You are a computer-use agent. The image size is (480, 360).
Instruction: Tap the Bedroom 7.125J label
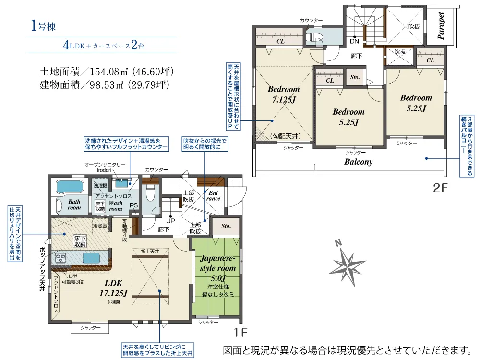pos(283,95)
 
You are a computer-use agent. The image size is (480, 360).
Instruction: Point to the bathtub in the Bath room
pos(70,187)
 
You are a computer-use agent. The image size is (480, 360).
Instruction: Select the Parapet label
pos(441,25)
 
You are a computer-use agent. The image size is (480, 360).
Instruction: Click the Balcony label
pos(359,162)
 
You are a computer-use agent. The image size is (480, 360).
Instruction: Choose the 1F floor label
pos(240,332)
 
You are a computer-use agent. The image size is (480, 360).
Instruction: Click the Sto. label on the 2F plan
pos(355,77)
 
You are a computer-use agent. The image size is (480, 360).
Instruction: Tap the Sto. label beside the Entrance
pos(226,225)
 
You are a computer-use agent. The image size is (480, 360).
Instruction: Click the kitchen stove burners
pos(61,258)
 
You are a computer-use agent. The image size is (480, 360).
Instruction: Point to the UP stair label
pos(170,220)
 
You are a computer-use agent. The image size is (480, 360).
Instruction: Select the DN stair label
pos(355,41)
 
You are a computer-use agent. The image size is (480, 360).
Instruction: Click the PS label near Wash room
pos(134,206)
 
